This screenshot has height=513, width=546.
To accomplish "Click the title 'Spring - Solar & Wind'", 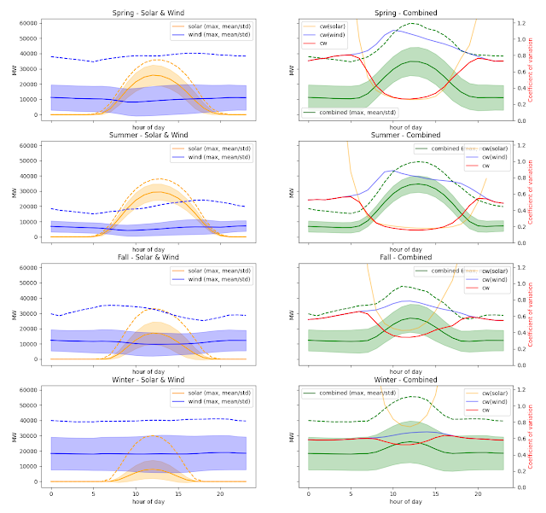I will point(148,13).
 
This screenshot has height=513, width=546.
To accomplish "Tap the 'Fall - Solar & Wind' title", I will point(148,258).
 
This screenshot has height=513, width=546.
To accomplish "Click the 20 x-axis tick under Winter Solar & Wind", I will point(219,494).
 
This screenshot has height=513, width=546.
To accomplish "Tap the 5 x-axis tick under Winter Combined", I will point(350,494).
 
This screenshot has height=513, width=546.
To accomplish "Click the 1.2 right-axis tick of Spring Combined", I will point(520,23).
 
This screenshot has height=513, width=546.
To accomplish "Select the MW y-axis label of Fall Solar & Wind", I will point(14,313).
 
